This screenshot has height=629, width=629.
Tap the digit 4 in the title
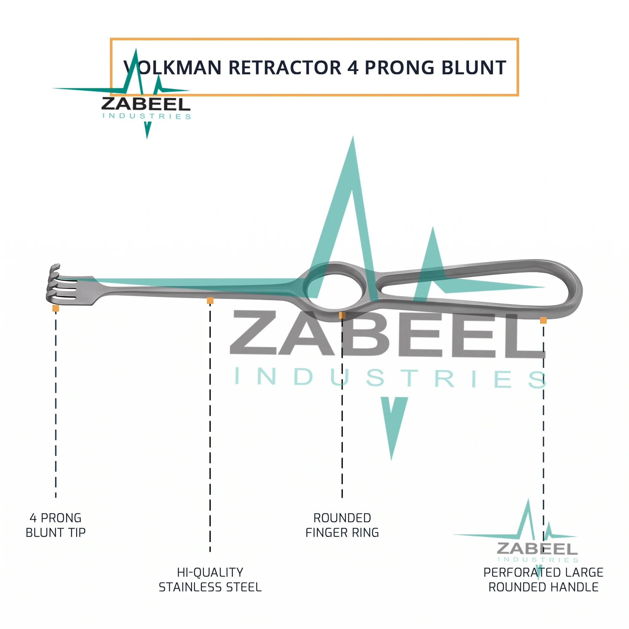click(x=353, y=68)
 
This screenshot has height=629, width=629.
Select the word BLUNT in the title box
click(x=474, y=68)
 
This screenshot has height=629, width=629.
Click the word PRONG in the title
click(x=400, y=68)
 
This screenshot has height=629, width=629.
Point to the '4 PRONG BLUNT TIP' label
click(x=56, y=525)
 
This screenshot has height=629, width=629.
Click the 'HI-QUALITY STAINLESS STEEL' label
click(x=210, y=580)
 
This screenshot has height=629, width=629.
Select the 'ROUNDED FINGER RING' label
click(x=342, y=525)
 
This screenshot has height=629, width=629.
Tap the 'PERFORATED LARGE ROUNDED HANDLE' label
click(x=543, y=580)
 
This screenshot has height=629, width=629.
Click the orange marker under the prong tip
click(x=56, y=308)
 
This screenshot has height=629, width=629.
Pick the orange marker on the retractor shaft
click(x=210, y=300)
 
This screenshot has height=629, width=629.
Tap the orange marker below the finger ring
click(x=342, y=315)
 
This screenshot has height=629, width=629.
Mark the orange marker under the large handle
click(x=543, y=320)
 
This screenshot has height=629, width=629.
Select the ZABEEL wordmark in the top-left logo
click(x=146, y=104)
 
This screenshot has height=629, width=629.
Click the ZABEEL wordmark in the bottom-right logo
click(x=537, y=549)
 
